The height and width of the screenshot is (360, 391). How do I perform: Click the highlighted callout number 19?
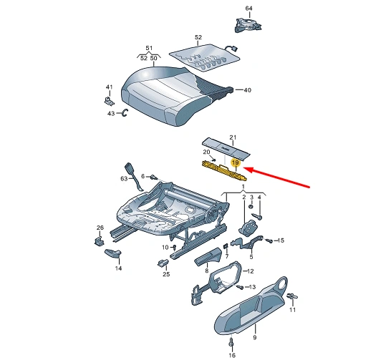234,164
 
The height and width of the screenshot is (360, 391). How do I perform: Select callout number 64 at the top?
249,8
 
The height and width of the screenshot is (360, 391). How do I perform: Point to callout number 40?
248,90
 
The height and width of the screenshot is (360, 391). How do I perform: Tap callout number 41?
110,87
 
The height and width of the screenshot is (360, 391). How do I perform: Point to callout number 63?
122,178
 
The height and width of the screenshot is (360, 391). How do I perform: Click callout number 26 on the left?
100,229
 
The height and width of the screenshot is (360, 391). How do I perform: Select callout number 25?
165,274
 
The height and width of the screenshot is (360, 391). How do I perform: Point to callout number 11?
292,310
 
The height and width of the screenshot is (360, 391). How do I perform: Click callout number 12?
250,271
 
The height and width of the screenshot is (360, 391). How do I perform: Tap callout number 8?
206,271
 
